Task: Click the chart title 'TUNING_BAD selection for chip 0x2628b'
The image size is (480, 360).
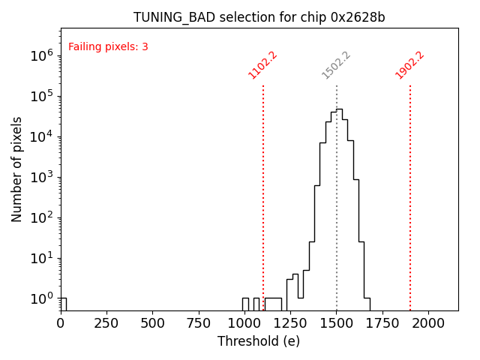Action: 259,17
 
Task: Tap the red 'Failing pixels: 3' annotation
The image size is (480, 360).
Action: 108,46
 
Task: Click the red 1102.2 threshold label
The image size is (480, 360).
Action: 262,65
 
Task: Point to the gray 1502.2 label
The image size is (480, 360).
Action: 336,65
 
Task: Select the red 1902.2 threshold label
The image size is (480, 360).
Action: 409,65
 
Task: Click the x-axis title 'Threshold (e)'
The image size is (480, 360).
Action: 259,341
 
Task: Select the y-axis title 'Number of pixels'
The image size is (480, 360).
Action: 17,169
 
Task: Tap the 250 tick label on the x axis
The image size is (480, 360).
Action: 106,322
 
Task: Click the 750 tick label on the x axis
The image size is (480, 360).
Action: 198,322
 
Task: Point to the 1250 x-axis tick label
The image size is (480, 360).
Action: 290,322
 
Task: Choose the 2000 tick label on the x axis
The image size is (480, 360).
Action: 428,322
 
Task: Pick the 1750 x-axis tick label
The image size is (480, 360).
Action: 382,322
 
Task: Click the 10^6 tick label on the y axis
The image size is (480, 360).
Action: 41,55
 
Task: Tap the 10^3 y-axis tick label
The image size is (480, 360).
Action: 41,177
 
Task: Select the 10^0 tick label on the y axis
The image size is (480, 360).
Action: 41,298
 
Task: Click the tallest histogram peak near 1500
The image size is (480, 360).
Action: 339,109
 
